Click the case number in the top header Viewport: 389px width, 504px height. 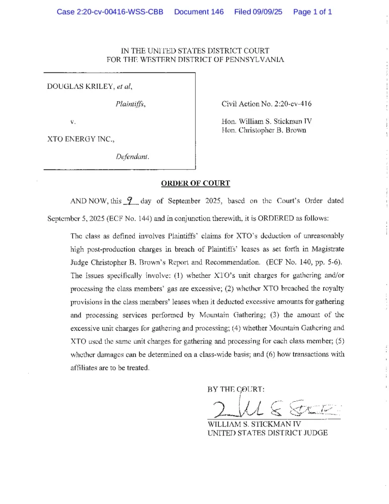tap(110, 12)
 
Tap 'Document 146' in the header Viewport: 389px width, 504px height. tap(199, 12)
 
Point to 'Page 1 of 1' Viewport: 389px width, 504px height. tap(312, 12)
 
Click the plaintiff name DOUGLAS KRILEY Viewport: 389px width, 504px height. tap(80, 86)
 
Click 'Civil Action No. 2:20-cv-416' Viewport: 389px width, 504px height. tap(266, 104)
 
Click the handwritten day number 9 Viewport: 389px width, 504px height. tap(130, 201)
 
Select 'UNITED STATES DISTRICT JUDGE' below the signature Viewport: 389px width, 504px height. tap(268, 432)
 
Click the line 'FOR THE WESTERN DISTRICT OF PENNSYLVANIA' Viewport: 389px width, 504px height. tap(195, 59)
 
